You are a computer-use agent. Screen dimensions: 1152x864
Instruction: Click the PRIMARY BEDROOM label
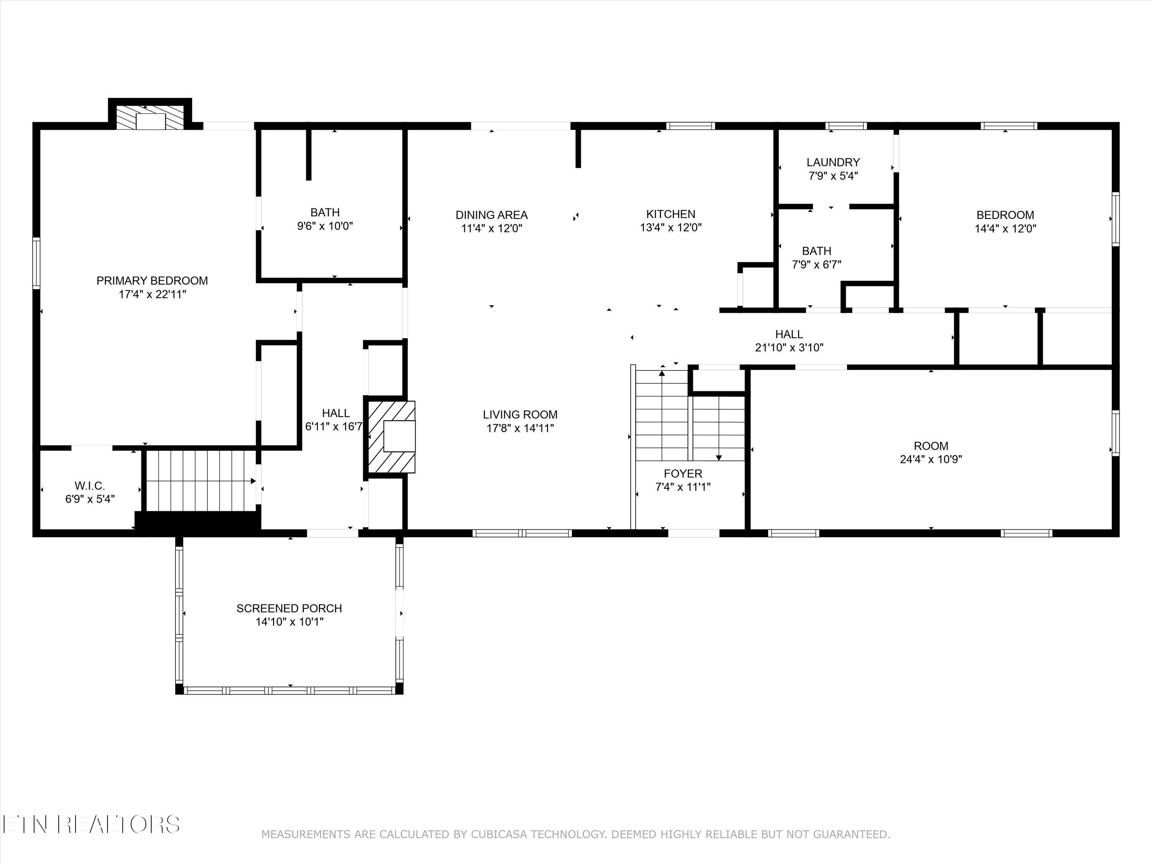152,281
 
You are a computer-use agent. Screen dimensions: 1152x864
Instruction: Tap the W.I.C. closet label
89,486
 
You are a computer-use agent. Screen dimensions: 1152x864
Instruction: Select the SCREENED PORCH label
289,608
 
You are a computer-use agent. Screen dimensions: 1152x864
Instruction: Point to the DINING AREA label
492,215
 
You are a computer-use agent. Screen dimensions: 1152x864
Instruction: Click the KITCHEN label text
671,214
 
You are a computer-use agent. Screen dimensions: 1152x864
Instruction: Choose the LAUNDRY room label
833,162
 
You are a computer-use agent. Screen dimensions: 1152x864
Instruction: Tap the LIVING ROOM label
520,415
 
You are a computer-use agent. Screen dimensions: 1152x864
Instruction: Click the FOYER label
683,473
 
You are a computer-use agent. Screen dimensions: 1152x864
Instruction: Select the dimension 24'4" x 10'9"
931,459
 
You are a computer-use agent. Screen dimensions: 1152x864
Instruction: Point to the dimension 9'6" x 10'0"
325,226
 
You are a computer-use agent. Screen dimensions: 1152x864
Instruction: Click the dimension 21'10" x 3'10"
789,348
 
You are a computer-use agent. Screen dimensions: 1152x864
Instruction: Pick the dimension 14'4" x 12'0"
1005,228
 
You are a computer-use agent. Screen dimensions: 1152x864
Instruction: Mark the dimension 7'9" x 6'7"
817,265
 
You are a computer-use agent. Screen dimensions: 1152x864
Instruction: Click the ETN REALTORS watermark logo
91,824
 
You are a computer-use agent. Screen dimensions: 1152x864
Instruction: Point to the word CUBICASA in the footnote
500,834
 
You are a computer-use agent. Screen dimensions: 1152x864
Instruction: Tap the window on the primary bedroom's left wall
36,263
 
